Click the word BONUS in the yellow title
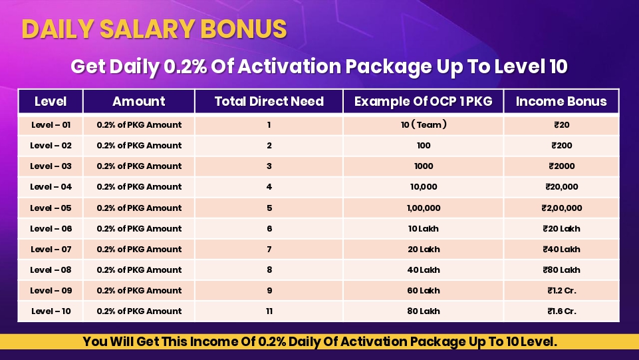point(243,29)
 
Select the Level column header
point(51,101)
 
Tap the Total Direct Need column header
point(269,101)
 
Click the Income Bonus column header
point(561,101)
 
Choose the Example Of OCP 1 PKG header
point(423,101)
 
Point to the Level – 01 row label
point(51,124)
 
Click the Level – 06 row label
point(51,229)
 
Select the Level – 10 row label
point(51,311)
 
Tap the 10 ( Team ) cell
point(424,124)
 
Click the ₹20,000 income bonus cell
point(562,187)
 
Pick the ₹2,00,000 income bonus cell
point(562,208)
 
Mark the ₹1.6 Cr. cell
point(562,311)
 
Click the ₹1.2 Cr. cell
point(562,291)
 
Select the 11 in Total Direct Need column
point(269,311)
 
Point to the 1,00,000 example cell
point(424,208)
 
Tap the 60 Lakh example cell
point(424,291)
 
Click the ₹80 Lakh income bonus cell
point(562,270)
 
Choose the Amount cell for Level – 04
point(139,187)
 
